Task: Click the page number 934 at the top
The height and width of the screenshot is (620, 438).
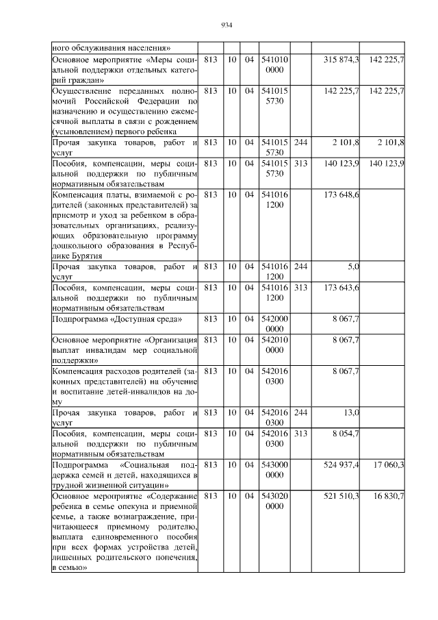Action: coord(228,25)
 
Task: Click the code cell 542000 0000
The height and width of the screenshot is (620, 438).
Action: coord(274,324)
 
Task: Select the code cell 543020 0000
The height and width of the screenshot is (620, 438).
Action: coord(274,501)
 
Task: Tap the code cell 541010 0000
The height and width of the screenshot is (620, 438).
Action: coord(274,65)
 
